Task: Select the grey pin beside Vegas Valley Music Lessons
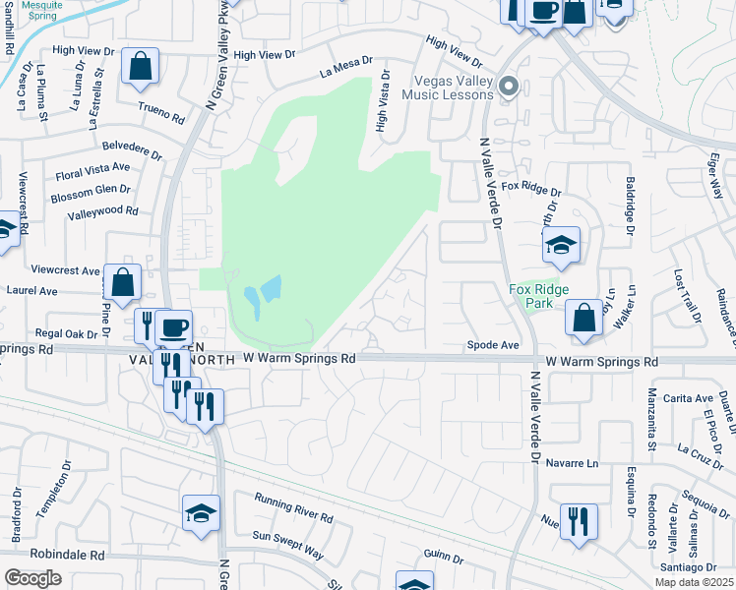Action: tap(509, 87)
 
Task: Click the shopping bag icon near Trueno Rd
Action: tap(141, 67)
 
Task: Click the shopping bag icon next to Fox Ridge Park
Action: tap(583, 318)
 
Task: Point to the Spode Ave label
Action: tap(492, 345)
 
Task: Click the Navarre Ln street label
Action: tap(571, 462)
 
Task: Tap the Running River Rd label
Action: tap(293, 509)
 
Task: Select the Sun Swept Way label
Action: tap(287, 544)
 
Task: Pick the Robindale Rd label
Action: tap(71, 555)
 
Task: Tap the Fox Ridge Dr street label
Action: tap(530, 186)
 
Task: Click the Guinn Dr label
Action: tap(444, 557)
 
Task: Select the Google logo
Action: tap(32, 578)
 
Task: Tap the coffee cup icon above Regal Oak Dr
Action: tap(173, 326)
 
